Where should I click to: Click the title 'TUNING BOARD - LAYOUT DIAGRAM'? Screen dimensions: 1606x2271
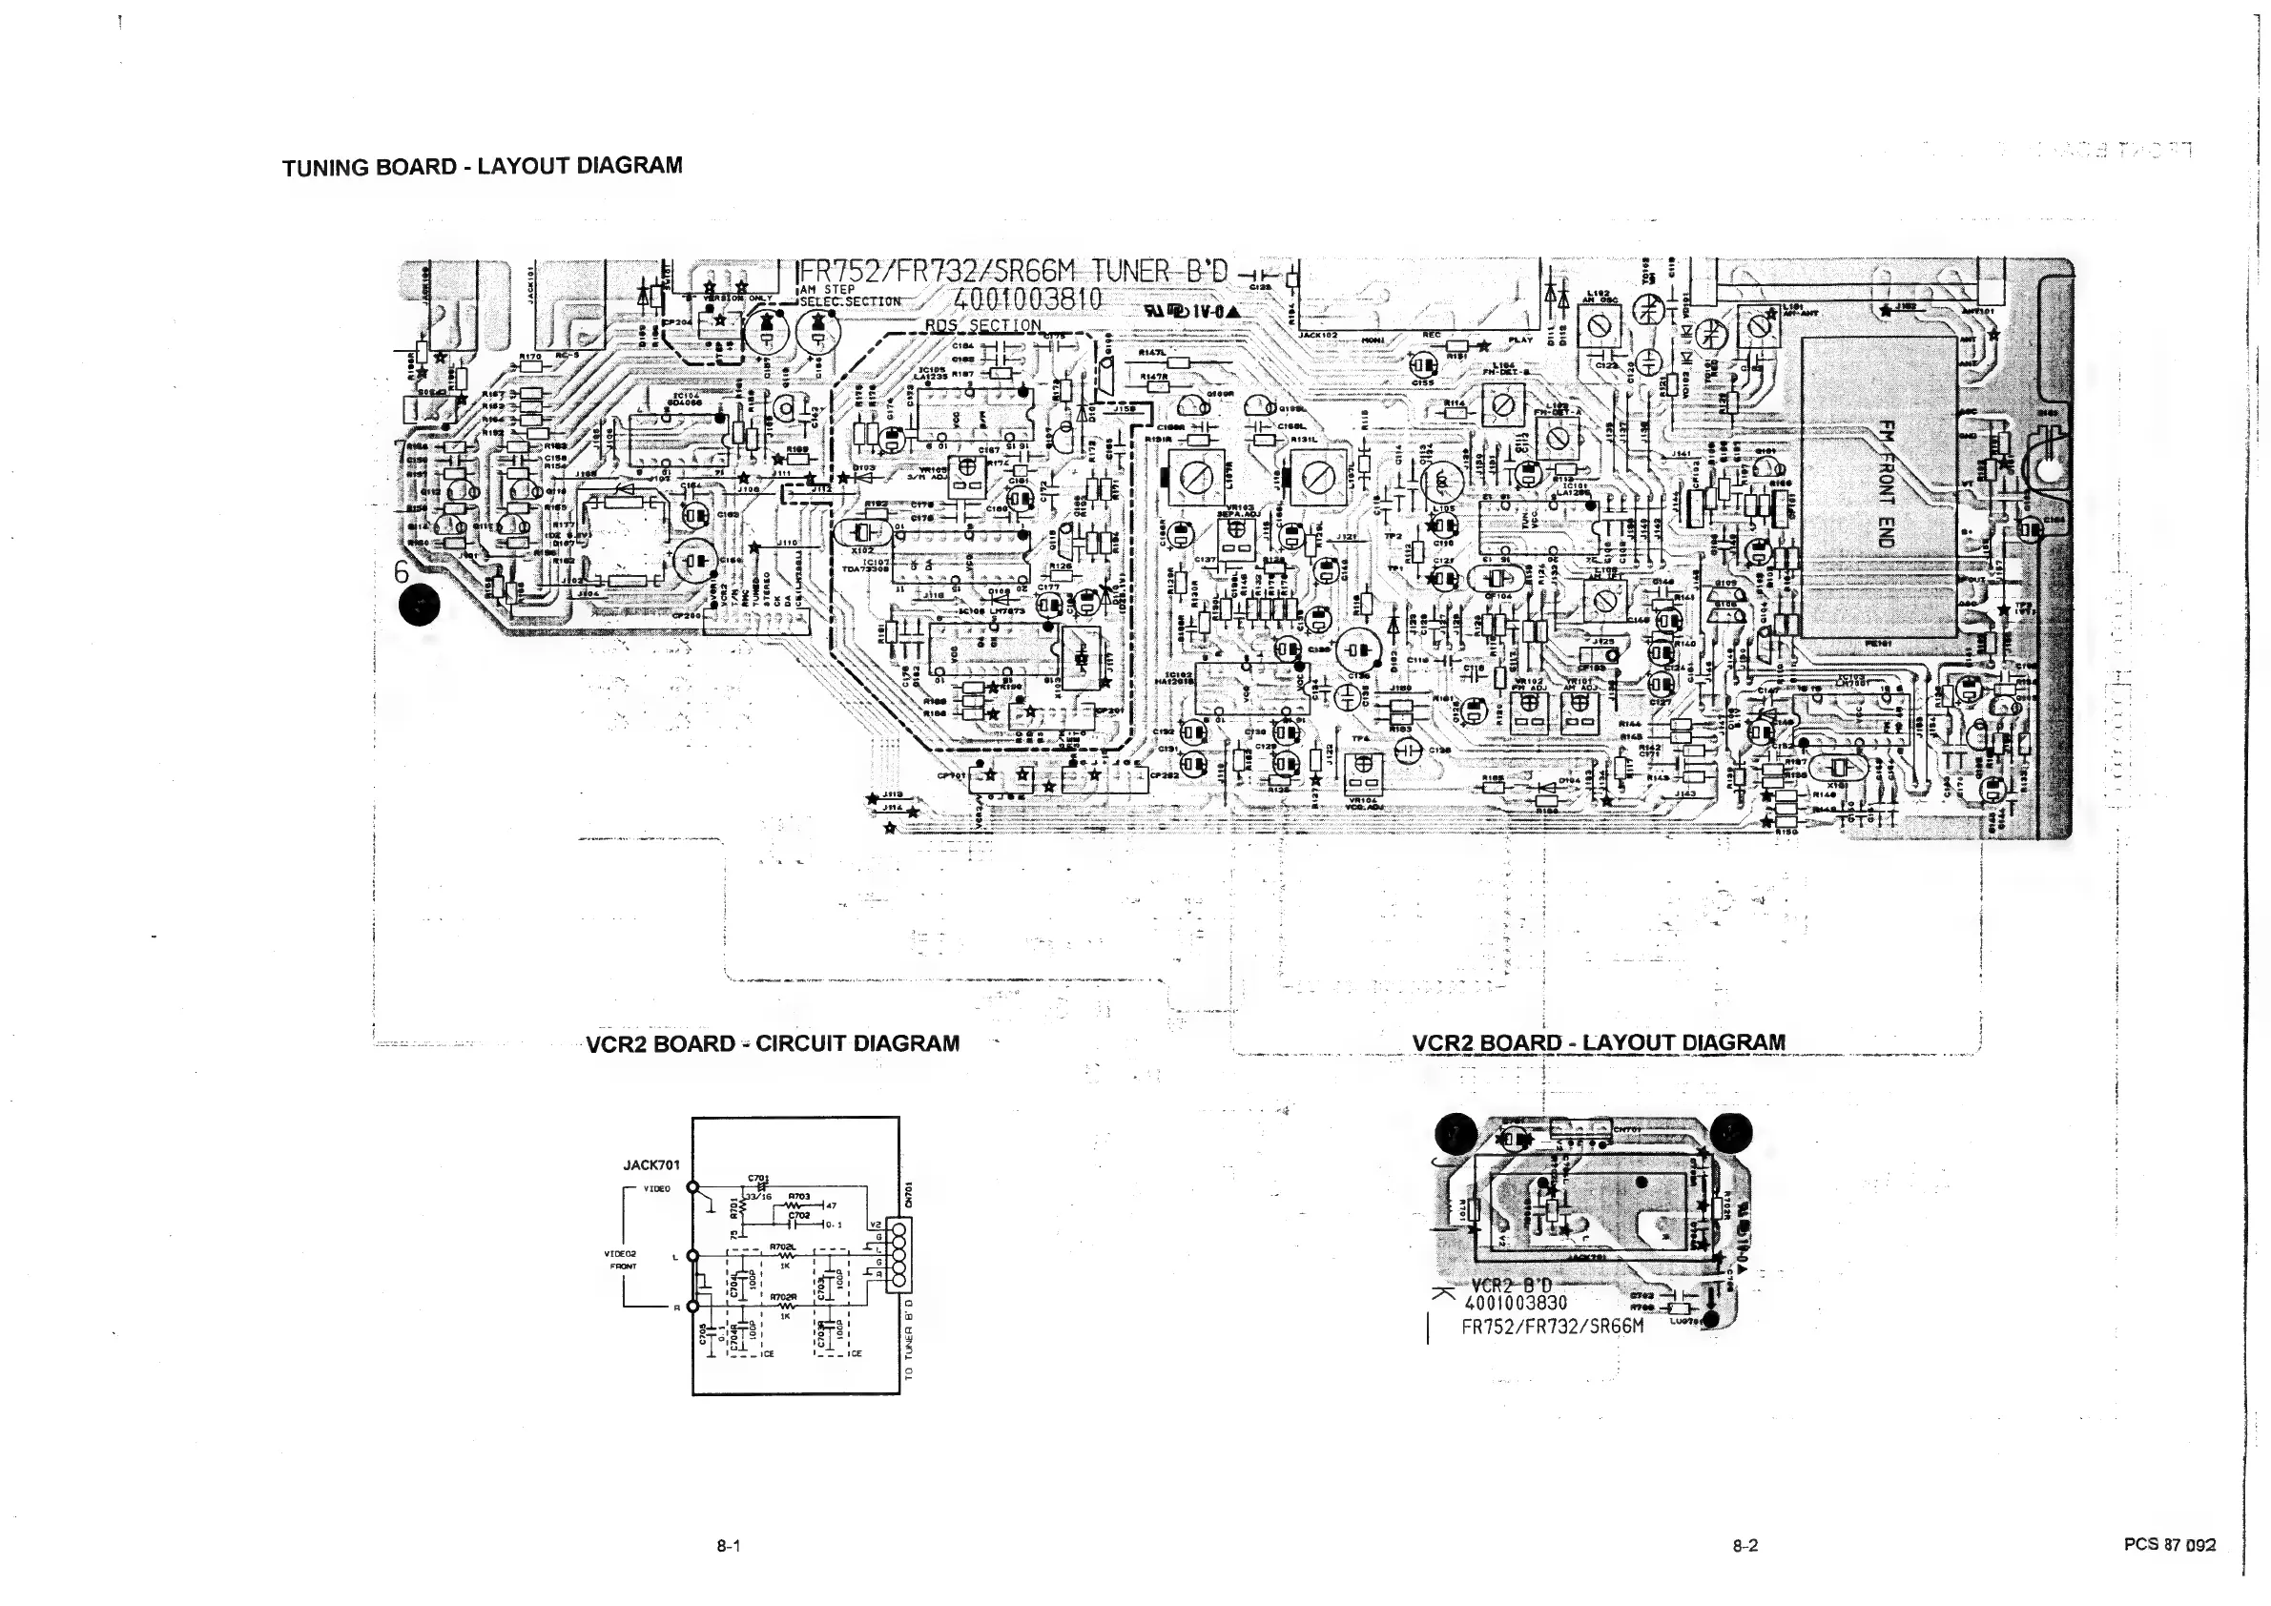(482, 166)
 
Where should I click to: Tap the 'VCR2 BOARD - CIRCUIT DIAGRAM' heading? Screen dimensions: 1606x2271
(772, 1044)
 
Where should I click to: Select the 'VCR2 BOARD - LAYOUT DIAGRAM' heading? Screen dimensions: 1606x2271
(1598, 1043)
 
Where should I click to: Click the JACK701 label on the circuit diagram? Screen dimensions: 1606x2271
(650, 1166)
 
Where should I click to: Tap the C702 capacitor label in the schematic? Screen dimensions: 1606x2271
(799, 1215)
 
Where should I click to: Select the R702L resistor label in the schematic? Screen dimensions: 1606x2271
(783, 1247)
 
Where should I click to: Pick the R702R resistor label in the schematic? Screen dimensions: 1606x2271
(783, 1296)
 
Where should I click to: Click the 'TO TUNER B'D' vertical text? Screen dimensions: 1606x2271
(909, 1339)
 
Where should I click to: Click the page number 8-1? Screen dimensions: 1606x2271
(729, 1546)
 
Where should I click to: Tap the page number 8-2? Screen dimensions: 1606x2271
(1745, 1546)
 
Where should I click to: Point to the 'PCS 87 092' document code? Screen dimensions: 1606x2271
(2169, 1545)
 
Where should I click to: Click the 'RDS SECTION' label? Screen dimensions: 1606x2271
(982, 325)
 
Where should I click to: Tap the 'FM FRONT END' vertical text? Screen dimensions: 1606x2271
(1886, 484)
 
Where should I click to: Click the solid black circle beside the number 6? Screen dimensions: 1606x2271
(419, 606)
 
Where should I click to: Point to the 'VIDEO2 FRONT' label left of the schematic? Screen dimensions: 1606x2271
(620, 1260)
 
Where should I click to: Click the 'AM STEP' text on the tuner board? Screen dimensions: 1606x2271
(827, 290)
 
